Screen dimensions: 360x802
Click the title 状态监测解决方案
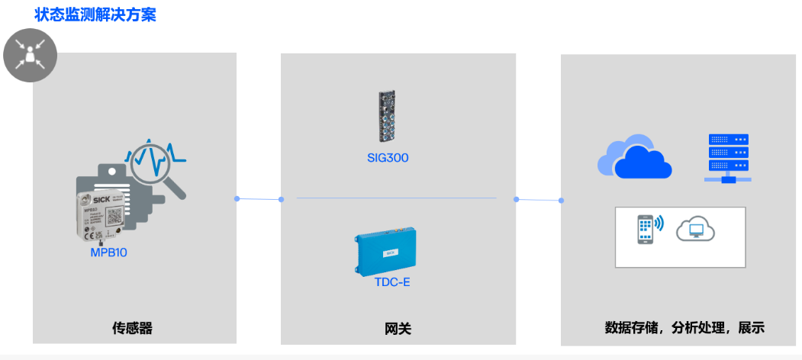(x=95, y=14)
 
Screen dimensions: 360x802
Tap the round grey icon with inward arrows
(x=31, y=56)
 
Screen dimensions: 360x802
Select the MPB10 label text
(x=108, y=252)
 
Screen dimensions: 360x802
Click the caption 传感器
(x=133, y=329)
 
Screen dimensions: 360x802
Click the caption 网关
(x=398, y=329)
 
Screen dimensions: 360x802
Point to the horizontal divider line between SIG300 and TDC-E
(x=397, y=198)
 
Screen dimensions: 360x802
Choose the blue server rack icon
(x=728, y=158)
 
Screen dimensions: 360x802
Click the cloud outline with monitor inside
(x=695, y=228)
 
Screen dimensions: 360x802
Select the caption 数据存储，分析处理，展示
(x=684, y=329)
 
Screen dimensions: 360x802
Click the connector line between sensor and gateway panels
(x=259, y=199)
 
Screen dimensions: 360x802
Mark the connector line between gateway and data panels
(x=539, y=200)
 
